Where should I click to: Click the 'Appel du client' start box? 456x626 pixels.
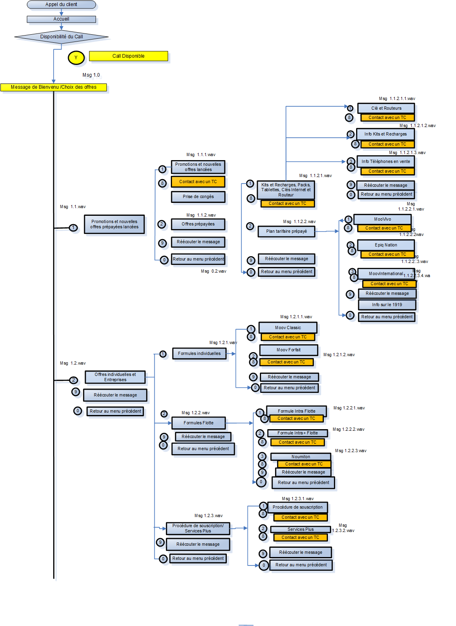[x=61, y=4]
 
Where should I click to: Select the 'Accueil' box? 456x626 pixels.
[x=61, y=19]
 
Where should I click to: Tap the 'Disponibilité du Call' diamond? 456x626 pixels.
[x=61, y=37]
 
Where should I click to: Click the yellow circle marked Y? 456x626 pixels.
[x=76, y=58]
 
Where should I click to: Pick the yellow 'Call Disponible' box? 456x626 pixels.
[x=128, y=56]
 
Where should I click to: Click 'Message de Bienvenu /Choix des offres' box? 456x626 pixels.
[x=54, y=87]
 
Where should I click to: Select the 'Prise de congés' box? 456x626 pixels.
[x=198, y=197]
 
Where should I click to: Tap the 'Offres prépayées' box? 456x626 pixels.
[x=198, y=224]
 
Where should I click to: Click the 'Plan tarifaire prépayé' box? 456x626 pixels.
[x=286, y=232]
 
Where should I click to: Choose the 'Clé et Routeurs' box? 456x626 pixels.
[x=386, y=108]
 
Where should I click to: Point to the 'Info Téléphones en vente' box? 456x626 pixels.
[x=386, y=161]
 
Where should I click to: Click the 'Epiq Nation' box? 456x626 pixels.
[x=386, y=245]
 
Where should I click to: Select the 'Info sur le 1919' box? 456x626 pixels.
[x=387, y=305]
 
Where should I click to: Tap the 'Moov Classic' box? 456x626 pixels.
[x=288, y=328]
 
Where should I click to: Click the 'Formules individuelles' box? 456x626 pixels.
[x=199, y=354]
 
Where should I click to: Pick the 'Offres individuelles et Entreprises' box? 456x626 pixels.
[x=115, y=377]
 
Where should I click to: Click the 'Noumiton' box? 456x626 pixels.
[x=301, y=457]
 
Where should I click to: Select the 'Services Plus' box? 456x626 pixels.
[x=300, y=529]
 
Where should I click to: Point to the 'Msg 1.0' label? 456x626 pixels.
[x=91, y=75]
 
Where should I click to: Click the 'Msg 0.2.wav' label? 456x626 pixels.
[x=213, y=271]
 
